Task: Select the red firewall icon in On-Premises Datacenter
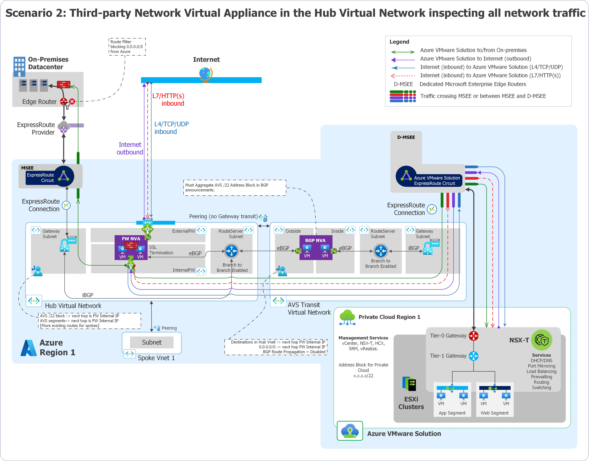[64, 84]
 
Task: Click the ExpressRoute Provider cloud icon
[64, 127]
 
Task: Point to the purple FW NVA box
[131, 247]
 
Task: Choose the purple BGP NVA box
[316, 247]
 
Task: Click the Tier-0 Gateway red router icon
[473, 336]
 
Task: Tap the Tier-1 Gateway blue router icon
[473, 356]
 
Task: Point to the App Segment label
[452, 413]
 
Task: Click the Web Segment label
[494, 413]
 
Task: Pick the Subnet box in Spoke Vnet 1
[152, 342]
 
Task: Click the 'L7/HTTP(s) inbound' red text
[168, 100]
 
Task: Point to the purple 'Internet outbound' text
[130, 148]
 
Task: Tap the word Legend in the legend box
[399, 42]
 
